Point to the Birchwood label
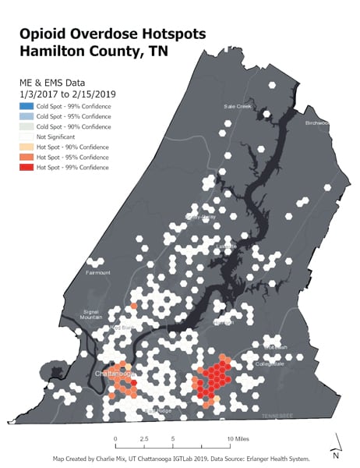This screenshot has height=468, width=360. [317, 122]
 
